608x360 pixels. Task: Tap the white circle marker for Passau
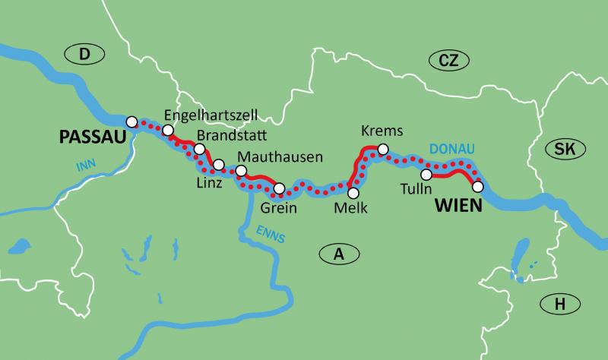point(131,122)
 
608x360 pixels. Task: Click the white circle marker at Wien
point(477,186)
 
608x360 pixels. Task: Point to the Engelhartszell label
point(211,115)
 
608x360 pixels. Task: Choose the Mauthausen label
point(280,156)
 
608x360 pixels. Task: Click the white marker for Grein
point(279,188)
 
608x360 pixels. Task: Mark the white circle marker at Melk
point(352,193)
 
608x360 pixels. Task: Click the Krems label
point(383,131)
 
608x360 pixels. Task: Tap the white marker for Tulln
point(426,175)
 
